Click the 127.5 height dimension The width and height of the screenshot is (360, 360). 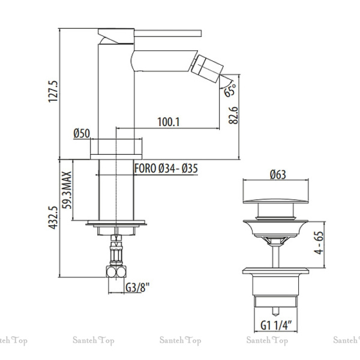(x=53, y=91)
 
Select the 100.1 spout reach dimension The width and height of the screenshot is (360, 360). (x=169, y=122)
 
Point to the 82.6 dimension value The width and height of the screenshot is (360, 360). (x=233, y=115)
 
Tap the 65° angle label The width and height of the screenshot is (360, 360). (x=230, y=90)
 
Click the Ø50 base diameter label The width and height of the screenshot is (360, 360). (x=82, y=133)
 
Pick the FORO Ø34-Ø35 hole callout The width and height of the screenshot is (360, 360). (x=166, y=169)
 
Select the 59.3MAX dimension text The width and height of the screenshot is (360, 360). (x=67, y=190)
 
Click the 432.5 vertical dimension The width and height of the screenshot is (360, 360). (x=53, y=217)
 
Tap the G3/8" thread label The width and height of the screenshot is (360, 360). (x=137, y=287)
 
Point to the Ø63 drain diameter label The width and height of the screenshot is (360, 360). (x=278, y=175)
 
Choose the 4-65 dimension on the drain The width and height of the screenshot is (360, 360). (x=319, y=242)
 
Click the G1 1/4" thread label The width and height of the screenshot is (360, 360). (x=276, y=325)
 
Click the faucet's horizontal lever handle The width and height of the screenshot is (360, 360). (x=167, y=33)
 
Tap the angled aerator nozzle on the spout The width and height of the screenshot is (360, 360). (x=206, y=68)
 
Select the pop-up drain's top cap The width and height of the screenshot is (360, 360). (x=275, y=201)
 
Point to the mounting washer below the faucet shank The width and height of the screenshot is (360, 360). (x=116, y=223)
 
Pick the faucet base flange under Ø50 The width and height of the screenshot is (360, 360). (x=116, y=157)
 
